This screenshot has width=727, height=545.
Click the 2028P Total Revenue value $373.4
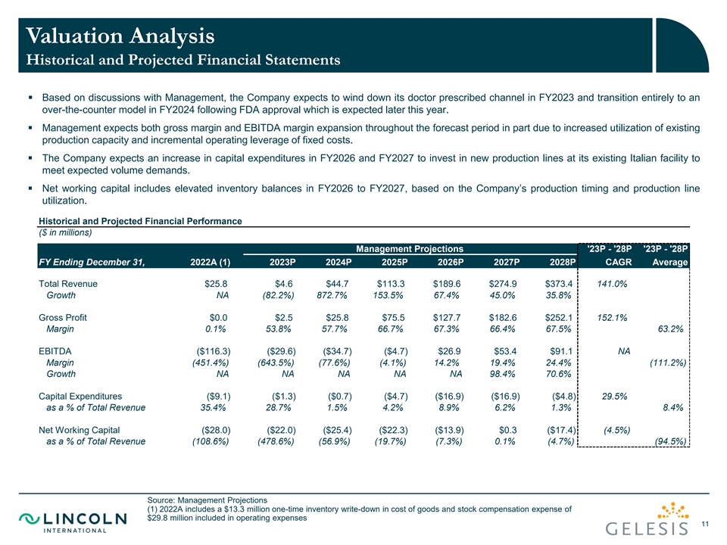pyautogui.click(x=560, y=284)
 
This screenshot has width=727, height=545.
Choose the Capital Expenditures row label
pyautogui.click(x=80, y=396)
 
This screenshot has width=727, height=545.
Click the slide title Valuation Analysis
pyautogui.click(x=120, y=35)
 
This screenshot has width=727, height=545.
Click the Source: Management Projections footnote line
pyautogui.click(x=207, y=500)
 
